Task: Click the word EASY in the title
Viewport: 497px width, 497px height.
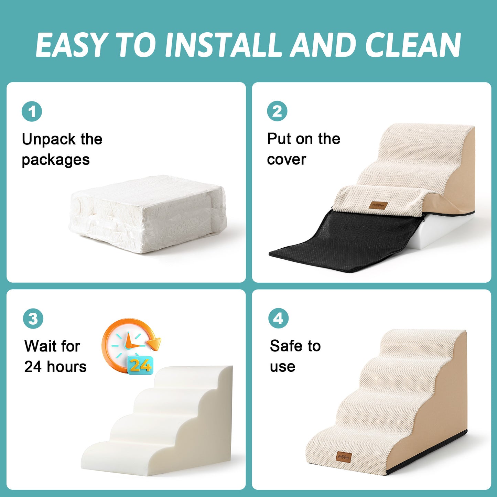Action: pyautogui.click(x=71, y=45)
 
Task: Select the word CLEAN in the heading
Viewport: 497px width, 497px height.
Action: pyautogui.click(x=412, y=45)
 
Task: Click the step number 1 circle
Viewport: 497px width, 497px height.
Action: pyautogui.click(x=32, y=112)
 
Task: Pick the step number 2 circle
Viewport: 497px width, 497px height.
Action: pyautogui.click(x=277, y=111)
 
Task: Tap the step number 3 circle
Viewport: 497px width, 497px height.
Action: pyautogui.click(x=33, y=318)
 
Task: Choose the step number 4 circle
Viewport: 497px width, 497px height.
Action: pyautogui.click(x=278, y=318)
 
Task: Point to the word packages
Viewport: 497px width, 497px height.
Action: pyautogui.click(x=56, y=160)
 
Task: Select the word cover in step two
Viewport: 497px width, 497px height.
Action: pyautogui.click(x=287, y=160)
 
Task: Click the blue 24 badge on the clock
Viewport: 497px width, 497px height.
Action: pyautogui.click(x=140, y=365)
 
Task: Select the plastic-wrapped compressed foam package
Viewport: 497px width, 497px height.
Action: pyautogui.click(x=148, y=215)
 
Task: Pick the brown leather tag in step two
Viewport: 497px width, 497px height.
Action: pyautogui.click(x=379, y=205)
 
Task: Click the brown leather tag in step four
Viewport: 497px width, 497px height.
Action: pyautogui.click(x=344, y=457)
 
